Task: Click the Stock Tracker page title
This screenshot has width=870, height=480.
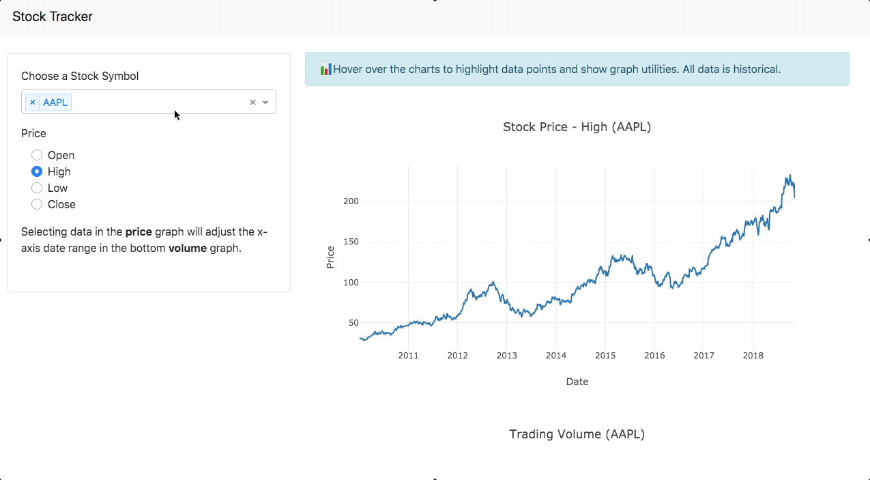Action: pos(53,16)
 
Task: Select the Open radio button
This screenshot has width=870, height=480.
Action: pos(38,155)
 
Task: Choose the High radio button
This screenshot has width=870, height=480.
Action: pos(38,171)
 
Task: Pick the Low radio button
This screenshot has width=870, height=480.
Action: pos(38,188)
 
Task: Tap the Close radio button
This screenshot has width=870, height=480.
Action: pos(38,204)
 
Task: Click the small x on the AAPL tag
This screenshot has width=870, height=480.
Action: pos(32,102)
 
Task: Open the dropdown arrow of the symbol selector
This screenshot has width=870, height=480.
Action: pos(265,102)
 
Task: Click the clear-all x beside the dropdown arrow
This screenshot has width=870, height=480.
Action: pos(252,102)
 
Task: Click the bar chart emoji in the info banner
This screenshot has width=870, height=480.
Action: pos(326,69)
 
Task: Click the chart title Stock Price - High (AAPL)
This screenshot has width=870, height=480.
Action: pos(577,126)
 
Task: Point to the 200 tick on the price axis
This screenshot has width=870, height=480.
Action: pos(351,201)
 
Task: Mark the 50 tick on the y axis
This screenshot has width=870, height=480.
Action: pos(353,322)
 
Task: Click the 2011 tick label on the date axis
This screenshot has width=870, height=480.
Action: pos(408,355)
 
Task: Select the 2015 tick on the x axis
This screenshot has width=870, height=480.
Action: pos(605,355)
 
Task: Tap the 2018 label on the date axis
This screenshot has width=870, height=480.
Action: pos(753,355)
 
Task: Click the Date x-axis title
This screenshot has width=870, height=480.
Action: pos(577,382)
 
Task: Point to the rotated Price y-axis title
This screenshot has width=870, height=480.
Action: pos(330,257)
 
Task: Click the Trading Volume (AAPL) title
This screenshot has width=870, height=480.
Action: pos(577,434)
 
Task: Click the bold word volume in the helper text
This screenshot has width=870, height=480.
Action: pos(188,248)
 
